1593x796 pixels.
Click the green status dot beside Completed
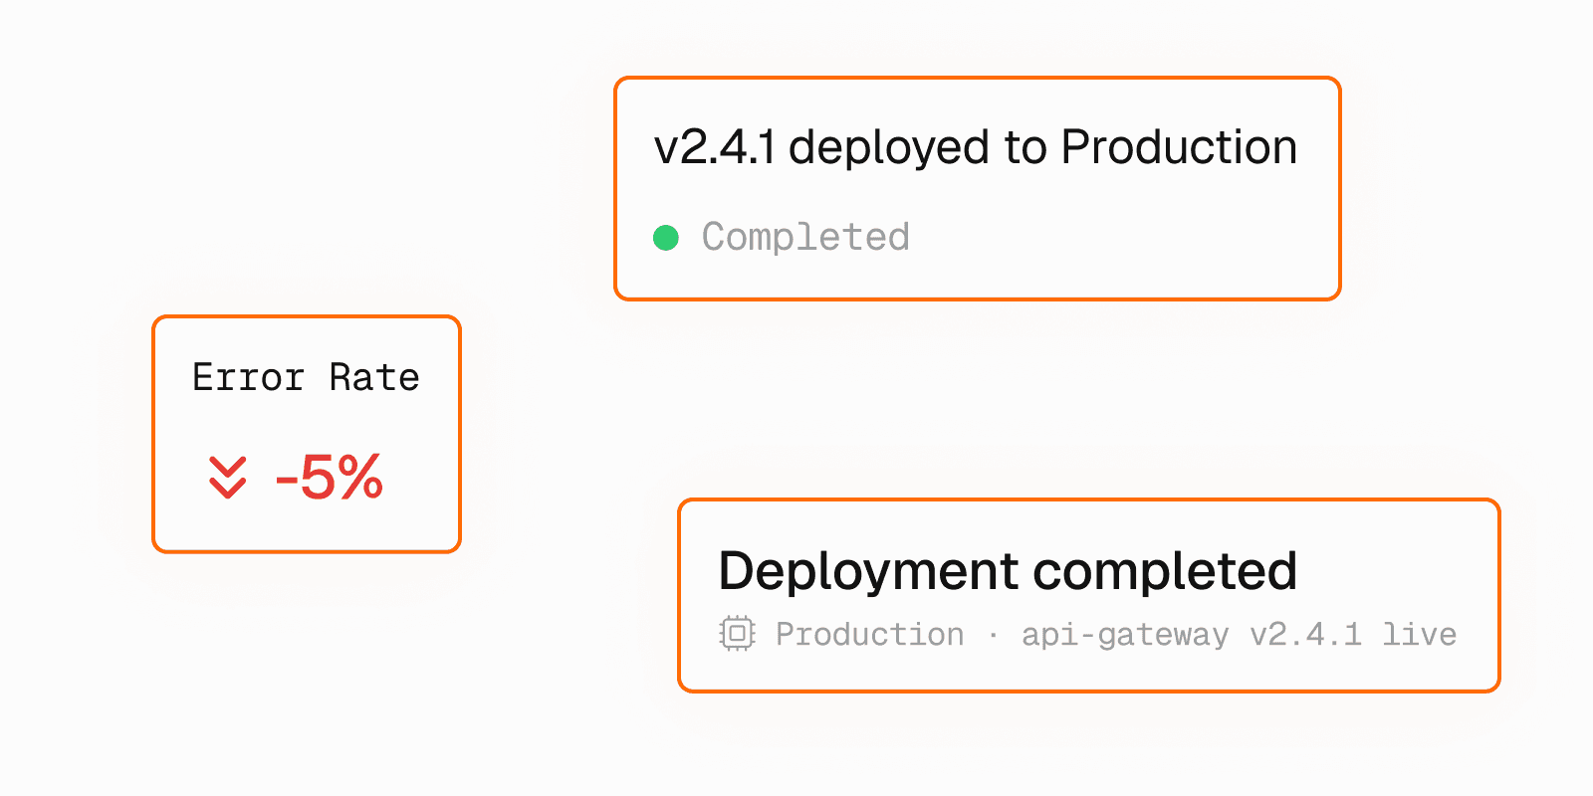tap(666, 238)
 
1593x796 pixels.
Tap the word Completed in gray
tap(805, 238)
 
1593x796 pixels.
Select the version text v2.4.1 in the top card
tap(714, 148)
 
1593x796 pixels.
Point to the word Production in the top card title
tap(1179, 148)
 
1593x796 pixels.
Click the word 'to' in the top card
tap(1025, 148)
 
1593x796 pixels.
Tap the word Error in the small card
tap(248, 378)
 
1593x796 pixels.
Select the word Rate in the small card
tap(374, 378)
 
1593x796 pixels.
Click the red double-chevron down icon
tap(228, 478)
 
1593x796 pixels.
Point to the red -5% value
tap(330, 478)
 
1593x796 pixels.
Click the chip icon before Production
tap(737, 634)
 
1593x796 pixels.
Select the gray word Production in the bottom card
tap(869, 635)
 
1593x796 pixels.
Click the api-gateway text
tap(1125, 635)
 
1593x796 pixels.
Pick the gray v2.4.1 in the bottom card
tap(1305, 635)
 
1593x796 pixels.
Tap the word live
tap(1419, 635)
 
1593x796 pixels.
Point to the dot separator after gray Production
tap(993, 635)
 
